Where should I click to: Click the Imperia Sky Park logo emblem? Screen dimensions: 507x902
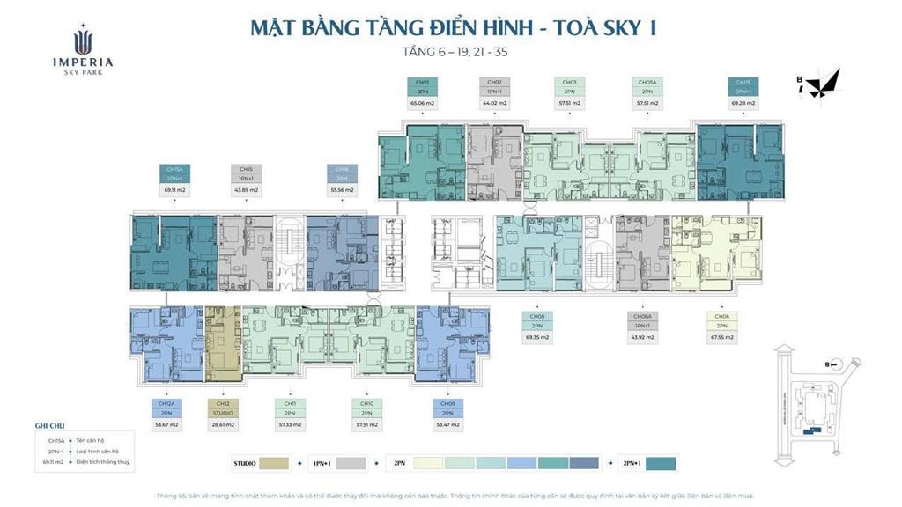(x=82, y=40)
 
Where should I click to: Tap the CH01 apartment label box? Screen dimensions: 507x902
(x=422, y=86)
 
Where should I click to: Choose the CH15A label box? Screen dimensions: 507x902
(x=174, y=173)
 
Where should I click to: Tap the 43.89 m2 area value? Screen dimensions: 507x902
(x=247, y=189)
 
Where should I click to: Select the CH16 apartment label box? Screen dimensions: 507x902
(x=342, y=173)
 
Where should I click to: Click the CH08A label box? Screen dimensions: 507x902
(x=641, y=321)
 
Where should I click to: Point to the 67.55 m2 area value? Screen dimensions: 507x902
(x=721, y=337)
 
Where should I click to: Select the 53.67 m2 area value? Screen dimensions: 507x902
(x=166, y=423)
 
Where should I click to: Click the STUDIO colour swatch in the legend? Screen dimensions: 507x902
(x=275, y=463)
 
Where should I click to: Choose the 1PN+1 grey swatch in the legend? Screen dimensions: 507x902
(x=351, y=463)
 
